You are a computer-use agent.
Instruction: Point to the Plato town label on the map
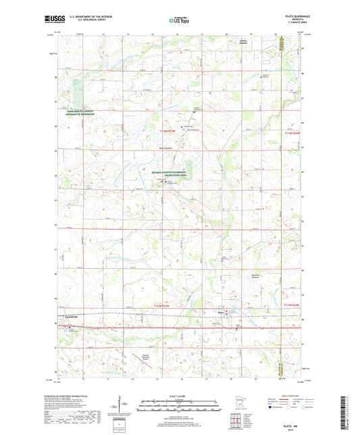pyautogui.click(x=220, y=311)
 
